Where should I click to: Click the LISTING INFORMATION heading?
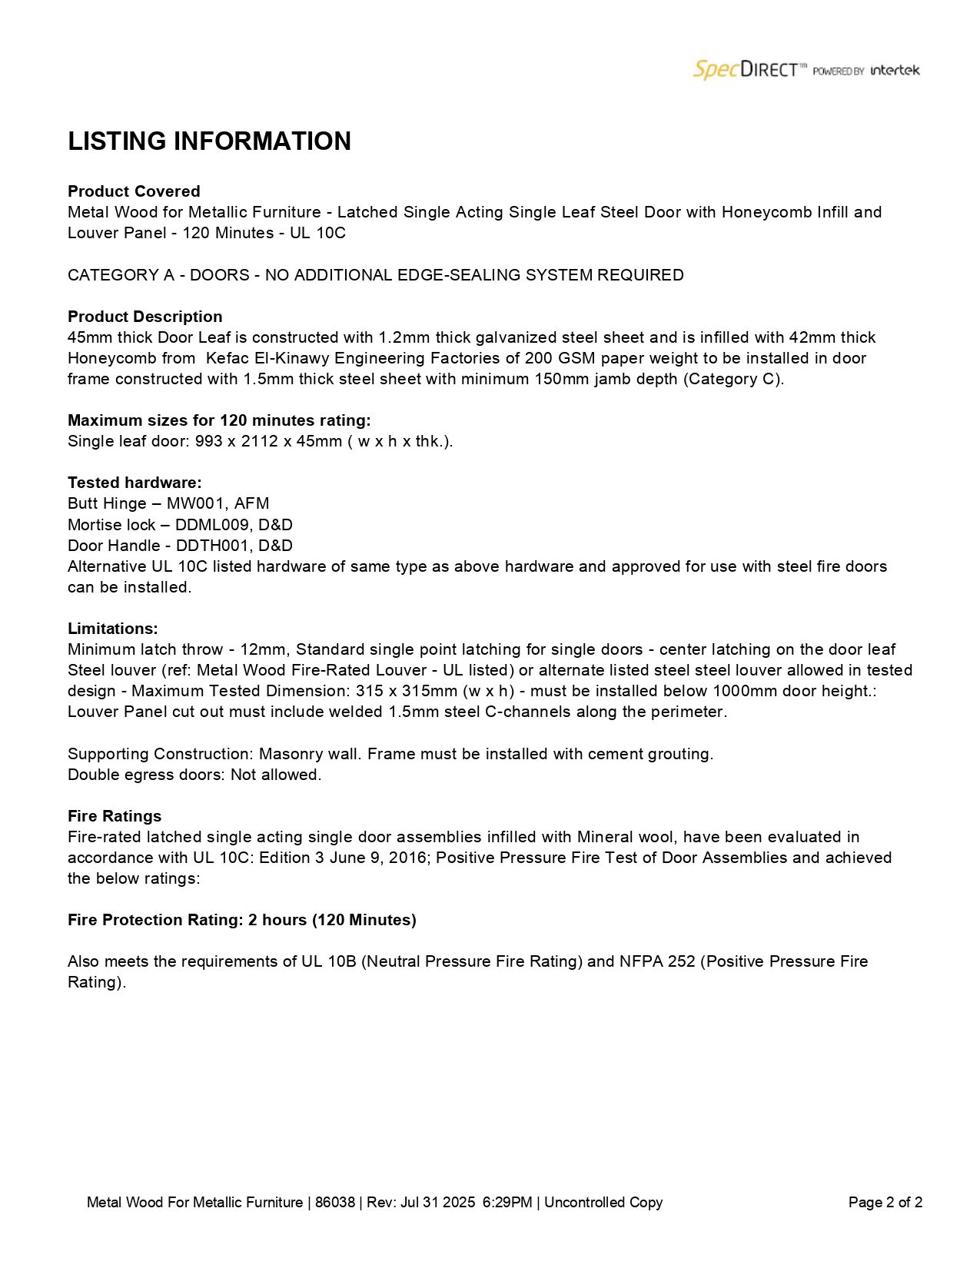[209, 141]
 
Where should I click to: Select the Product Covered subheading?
[134, 191]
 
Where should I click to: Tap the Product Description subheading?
[145, 317]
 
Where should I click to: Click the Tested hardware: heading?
[135, 483]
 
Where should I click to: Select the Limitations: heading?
[113, 629]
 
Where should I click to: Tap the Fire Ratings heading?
[115, 816]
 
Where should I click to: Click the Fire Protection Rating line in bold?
[241, 920]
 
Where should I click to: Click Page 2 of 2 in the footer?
[885, 1203]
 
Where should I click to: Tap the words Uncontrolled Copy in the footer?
[603, 1203]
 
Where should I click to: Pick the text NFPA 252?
[657, 961]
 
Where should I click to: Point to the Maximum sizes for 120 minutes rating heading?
[219, 420]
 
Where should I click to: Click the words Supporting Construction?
[160, 754]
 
